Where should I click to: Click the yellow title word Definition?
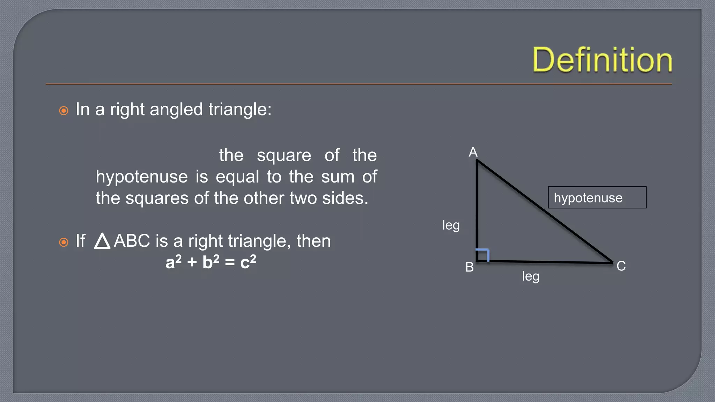[x=602, y=60]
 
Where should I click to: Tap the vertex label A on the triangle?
[x=473, y=152]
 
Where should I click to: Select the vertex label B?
[x=470, y=267]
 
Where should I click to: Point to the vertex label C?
[x=621, y=266]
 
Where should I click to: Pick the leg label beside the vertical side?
[x=451, y=225]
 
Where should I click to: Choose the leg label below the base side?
[x=531, y=277]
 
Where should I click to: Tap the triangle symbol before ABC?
[x=102, y=241]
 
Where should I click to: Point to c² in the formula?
[x=248, y=262]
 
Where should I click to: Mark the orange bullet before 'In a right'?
[x=64, y=111]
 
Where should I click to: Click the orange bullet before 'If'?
[x=64, y=242]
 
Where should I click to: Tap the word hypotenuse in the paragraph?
[x=142, y=177]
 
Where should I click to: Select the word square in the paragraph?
[x=284, y=156]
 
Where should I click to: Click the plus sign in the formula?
[x=192, y=262]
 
